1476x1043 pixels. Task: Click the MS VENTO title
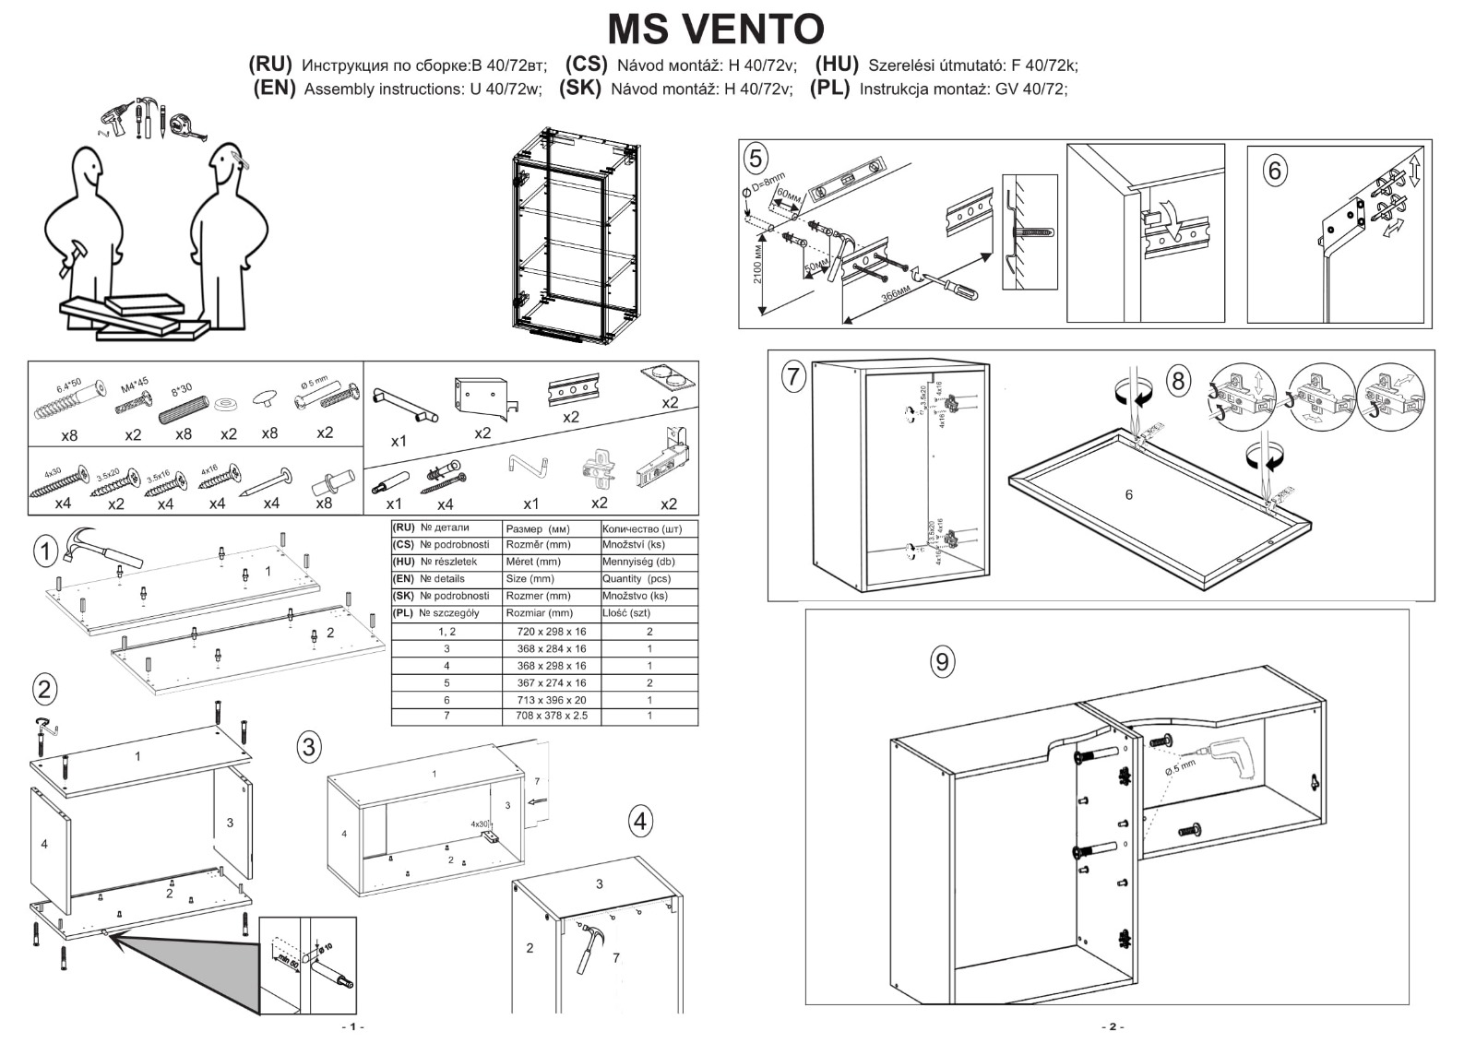click(x=715, y=29)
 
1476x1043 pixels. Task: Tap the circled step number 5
click(x=756, y=159)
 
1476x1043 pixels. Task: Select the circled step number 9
click(x=941, y=661)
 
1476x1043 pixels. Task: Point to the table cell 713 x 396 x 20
click(x=551, y=700)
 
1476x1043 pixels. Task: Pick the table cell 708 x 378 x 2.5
click(x=551, y=716)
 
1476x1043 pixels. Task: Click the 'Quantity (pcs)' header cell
click(x=636, y=579)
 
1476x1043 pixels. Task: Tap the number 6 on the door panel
click(x=1128, y=495)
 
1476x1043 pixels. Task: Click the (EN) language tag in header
click(x=274, y=89)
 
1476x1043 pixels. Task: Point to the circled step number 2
click(x=44, y=689)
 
